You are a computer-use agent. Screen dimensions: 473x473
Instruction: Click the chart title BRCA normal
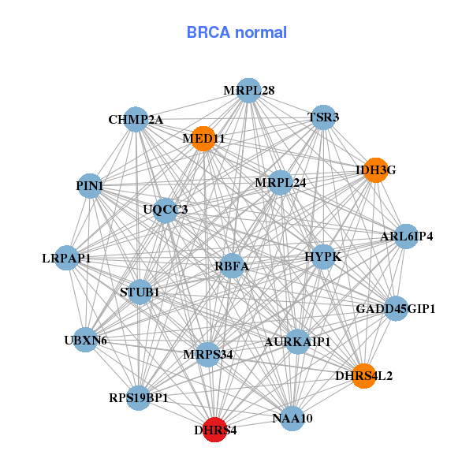click(x=236, y=32)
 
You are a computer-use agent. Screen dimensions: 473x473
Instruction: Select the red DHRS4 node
click(x=215, y=430)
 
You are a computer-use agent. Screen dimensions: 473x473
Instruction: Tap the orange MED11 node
click(x=203, y=139)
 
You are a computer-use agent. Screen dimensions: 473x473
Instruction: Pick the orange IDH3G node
click(x=376, y=169)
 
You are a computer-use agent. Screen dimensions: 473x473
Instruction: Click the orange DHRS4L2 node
click(x=363, y=375)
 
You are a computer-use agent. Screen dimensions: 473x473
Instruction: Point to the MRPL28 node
click(x=248, y=91)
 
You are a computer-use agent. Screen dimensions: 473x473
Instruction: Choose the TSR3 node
click(x=323, y=118)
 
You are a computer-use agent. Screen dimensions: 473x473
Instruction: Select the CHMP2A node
click(x=136, y=120)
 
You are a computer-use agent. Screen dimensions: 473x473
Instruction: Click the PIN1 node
click(x=90, y=186)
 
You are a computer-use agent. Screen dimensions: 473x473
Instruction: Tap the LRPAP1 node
click(x=67, y=258)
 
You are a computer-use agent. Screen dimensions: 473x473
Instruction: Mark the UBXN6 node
click(x=86, y=341)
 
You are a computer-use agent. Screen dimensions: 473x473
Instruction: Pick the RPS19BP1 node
click(x=139, y=397)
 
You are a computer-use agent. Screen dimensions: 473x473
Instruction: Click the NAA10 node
click(x=292, y=418)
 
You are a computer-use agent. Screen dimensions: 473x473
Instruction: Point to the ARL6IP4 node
click(x=406, y=236)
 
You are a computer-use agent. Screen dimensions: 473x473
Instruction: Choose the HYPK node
click(x=322, y=257)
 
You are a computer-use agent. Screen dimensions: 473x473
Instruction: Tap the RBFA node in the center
click(x=232, y=266)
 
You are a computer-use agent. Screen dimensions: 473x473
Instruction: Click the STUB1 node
click(x=140, y=292)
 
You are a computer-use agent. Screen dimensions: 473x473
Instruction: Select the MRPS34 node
click(x=208, y=354)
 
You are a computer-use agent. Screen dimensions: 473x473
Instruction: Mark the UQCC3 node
click(x=166, y=210)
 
